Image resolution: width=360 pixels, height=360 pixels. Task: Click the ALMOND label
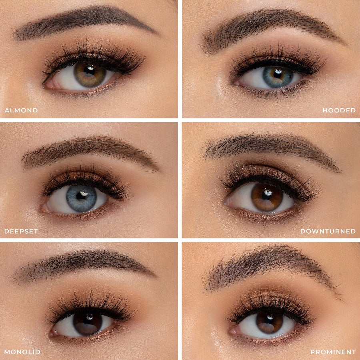coord(21,110)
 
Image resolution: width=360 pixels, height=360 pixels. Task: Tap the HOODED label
coord(339,110)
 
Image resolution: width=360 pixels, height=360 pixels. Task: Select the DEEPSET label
coord(21,231)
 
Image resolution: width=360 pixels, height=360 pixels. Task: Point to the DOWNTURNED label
coord(328,231)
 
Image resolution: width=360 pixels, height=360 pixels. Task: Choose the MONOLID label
coord(22,352)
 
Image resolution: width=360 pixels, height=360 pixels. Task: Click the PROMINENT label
coord(333,352)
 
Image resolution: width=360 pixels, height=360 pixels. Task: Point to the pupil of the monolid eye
coord(88,322)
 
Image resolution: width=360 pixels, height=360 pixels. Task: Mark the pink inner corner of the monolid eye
coord(54,332)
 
